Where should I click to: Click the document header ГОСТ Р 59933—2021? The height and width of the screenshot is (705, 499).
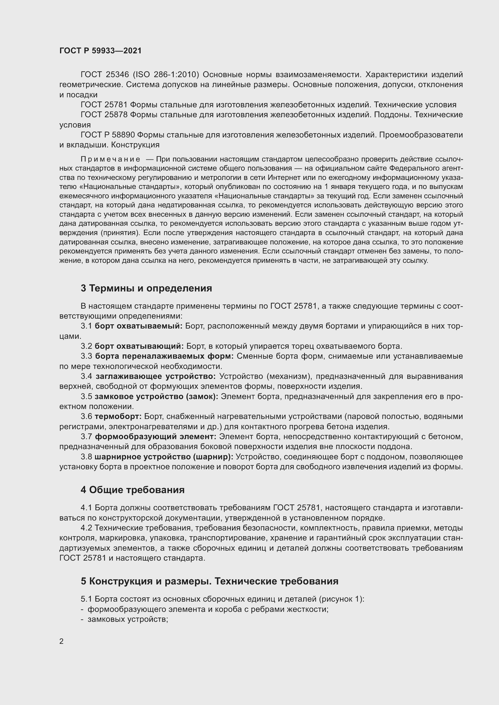(x=100, y=51)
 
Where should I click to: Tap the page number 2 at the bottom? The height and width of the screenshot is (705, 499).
(x=62, y=641)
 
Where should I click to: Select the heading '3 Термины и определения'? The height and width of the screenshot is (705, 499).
(x=146, y=288)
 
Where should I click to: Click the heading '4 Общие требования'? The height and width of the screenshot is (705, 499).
(x=132, y=490)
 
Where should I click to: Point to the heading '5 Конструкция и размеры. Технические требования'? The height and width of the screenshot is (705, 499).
(x=209, y=581)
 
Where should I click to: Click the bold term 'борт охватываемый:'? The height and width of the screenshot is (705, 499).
(x=138, y=326)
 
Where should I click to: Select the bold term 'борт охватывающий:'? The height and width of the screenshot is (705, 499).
(x=139, y=346)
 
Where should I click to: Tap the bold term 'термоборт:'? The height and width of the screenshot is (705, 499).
(x=118, y=417)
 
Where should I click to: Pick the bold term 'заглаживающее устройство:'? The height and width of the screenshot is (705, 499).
(x=156, y=376)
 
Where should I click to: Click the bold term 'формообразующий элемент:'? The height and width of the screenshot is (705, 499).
(x=155, y=437)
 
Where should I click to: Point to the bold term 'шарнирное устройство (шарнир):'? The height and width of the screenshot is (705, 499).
(x=164, y=457)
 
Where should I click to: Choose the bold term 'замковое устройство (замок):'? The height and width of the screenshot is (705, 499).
(x=156, y=396)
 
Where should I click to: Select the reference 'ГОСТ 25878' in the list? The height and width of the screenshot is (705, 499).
(x=104, y=115)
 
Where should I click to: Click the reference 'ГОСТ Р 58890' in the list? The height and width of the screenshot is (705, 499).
(x=107, y=135)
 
